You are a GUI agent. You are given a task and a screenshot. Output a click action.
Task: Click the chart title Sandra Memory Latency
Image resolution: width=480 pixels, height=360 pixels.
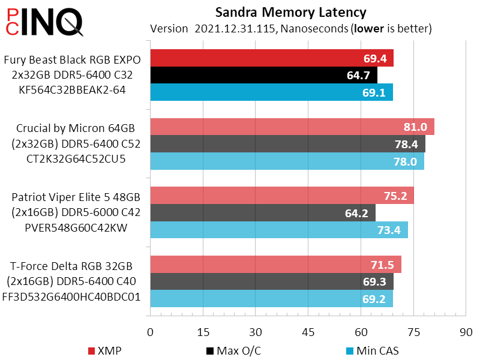(x=290, y=12)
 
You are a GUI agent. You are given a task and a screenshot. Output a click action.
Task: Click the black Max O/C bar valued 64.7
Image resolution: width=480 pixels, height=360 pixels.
(x=263, y=75)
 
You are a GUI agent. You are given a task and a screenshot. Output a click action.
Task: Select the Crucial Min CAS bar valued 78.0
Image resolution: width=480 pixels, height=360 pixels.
(x=287, y=161)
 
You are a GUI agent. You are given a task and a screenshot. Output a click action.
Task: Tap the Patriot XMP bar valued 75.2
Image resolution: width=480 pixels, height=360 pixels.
(x=281, y=196)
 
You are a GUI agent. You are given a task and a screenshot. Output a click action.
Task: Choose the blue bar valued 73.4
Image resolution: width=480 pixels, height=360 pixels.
(x=278, y=230)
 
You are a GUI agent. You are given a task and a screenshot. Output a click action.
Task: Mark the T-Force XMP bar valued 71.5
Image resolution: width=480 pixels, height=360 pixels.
(x=275, y=265)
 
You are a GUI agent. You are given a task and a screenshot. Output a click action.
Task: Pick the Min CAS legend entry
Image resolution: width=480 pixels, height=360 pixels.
(x=373, y=351)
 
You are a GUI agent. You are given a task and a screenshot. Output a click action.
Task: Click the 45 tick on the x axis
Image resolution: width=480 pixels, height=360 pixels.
(x=308, y=332)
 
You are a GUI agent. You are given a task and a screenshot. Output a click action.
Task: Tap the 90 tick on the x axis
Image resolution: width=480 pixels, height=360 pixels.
(x=466, y=332)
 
